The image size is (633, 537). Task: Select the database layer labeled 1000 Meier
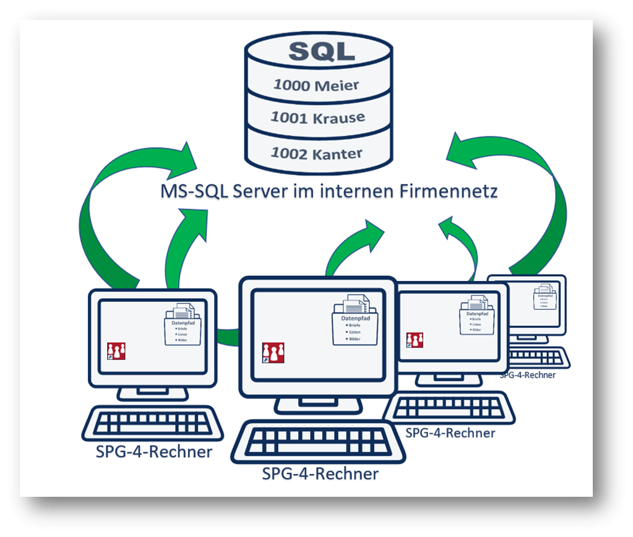click(x=317, y=85)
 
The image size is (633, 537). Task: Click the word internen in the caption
click(x=350, y=192)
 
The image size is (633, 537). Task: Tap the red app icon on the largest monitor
click(x=273, y=352)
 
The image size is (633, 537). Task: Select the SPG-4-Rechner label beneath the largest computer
click(x=320, y=474)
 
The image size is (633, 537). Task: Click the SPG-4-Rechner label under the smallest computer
click(x=528, y=374)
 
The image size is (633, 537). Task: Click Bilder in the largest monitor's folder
click(x=355, y=339)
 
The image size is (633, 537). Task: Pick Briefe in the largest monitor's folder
click(x=355, y=325)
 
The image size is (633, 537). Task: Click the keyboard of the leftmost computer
click(x=153, y=424)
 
